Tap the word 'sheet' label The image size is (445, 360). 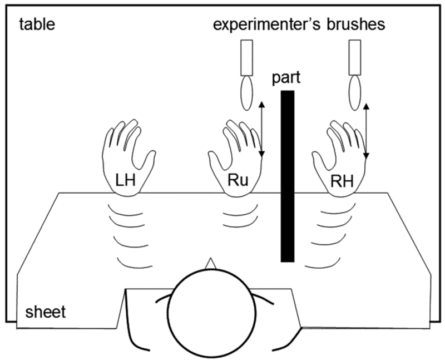click(44, 312)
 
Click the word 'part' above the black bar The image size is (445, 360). click(286, 77)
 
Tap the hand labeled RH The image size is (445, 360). click(336, 161)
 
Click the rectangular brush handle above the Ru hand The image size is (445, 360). click(246, 58)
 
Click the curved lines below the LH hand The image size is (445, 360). click(123, 234)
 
